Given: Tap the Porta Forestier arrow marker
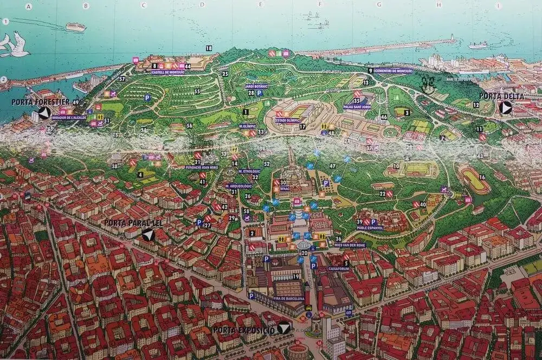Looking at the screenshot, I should click(x=44, y=113).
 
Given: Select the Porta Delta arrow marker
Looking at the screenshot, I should click(x=505, y=108).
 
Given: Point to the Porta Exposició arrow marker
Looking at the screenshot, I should click(x=283, y=328).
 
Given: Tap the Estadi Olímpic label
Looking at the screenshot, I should click(x=287, y=120).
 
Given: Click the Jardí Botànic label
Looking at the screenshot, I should click(x=256, y=86).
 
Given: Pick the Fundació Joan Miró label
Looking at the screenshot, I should click(x=202, y=168).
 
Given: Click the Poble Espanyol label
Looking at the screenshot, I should click(x=370, y=228).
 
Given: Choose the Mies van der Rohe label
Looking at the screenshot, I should click(x=350, y=245).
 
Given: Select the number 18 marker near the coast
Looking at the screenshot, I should click(x=209, y=48).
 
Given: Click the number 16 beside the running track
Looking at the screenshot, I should click(x=481, y=177).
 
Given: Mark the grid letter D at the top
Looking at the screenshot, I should click(x=201, y=5).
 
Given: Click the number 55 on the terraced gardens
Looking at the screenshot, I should click(x=197, y=91).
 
